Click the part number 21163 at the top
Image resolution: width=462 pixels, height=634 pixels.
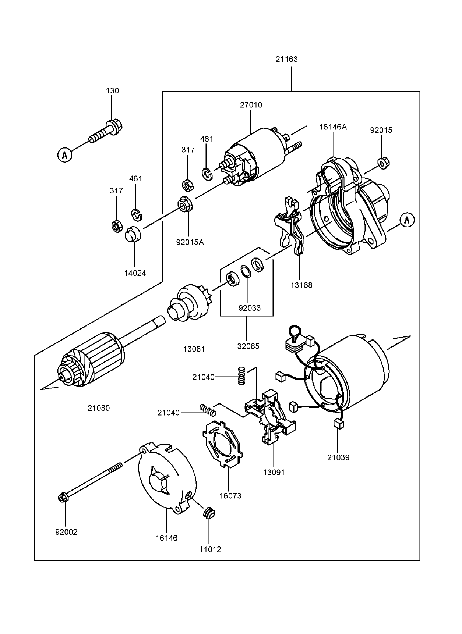click(x=286, y=59)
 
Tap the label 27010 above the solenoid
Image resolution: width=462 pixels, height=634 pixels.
click(x=251, y=105)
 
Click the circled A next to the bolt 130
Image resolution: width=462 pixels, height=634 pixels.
click(x=64, y=154)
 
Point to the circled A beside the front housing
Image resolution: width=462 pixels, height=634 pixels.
click(x=407, y=220)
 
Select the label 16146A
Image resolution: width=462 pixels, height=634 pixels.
click(x=333, y=127)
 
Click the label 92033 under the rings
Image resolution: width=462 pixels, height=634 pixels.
click(x=249, y=308)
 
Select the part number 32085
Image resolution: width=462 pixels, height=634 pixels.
click(x=248, y=346)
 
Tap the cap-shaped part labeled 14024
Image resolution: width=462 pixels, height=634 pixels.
click(x=134, y=235)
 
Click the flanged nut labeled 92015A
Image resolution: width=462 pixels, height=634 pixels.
click(x=185, y=204)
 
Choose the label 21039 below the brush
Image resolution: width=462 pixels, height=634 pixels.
click(x=338, y=457)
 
